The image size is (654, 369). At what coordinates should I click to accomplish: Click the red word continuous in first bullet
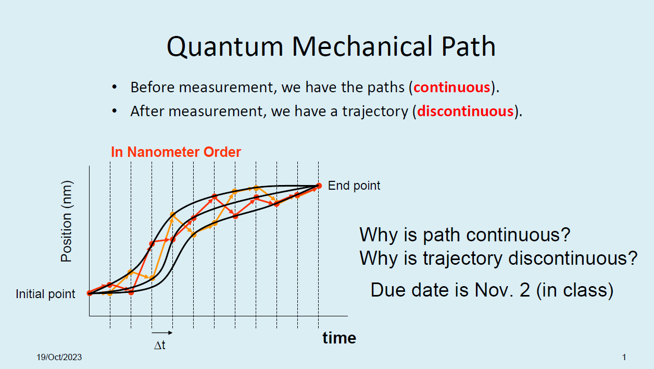[x=451, y=87]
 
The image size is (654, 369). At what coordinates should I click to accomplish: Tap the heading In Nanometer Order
[x=176, y=152]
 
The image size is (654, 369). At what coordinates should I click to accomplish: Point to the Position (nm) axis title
[x=67, y=222]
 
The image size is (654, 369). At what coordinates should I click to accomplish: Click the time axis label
[x=339, y=338]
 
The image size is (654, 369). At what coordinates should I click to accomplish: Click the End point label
[x=354, y=186]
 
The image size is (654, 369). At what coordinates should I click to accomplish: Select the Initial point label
[x=45, y=294]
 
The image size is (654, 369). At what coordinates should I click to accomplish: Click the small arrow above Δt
[x=161, y=332]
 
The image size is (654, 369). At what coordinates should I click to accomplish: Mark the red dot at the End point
[x=318, y=186]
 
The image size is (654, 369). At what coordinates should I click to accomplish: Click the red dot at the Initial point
[x=89, y=293]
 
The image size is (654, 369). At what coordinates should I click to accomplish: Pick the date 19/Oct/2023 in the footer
[x=59, y=358]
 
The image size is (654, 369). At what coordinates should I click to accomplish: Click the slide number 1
[x=624, y=358]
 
